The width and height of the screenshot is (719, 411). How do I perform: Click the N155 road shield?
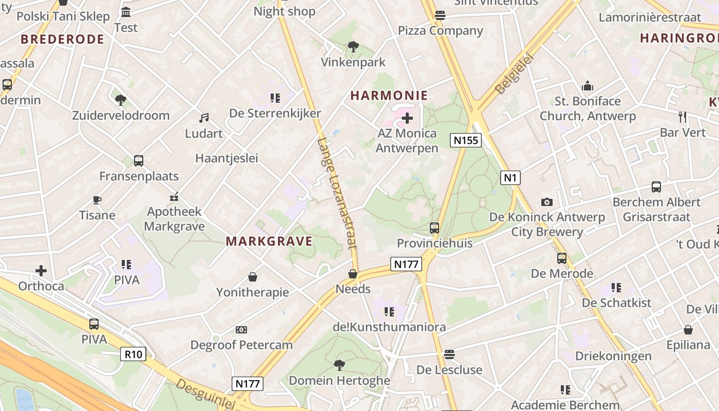click(466, 140)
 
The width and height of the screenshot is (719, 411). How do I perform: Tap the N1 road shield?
click(509, 178)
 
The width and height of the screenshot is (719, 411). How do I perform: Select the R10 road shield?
click(133, 354)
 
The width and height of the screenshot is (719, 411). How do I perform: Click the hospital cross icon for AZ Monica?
click(407, 119)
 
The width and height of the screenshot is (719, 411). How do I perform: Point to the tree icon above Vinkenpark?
click(353, 47)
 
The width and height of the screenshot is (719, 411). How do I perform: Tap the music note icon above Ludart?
click(204, 118)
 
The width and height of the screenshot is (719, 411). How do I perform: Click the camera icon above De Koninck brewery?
click(547, 202)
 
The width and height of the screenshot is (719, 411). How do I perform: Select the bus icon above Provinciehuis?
click(434, 228)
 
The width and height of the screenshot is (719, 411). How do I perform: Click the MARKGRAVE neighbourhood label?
click(269, 241)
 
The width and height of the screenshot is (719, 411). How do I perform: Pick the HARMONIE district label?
click(389, 95)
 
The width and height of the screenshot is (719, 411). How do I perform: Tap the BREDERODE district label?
click(62, 39)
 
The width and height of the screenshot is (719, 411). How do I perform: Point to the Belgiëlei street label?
click(515, 73)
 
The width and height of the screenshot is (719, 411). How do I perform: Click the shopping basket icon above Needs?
click(353, 274)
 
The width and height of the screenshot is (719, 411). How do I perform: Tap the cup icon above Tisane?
click(97, 200)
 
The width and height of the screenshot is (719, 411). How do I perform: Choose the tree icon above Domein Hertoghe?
click(339, 365)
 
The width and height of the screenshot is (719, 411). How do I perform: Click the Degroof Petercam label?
click(241, 345)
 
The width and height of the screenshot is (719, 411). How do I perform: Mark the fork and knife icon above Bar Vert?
click(683, 117)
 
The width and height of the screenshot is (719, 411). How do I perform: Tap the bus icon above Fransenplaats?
click(139, 161)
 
